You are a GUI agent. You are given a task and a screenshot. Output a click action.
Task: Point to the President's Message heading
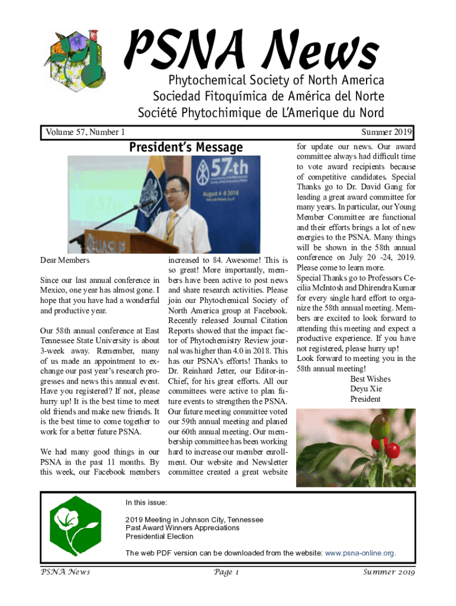tap(185, 147)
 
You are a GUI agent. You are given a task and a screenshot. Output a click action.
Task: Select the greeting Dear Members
tap(65, 260)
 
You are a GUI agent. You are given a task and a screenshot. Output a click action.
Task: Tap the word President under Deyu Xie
tap(365, 399)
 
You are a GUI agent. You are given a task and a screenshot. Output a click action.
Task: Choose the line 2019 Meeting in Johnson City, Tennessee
tap(194, 519)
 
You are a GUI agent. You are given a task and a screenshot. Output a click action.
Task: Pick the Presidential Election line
tap(159, 536)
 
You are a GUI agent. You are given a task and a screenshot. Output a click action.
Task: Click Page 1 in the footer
tap(227, 572)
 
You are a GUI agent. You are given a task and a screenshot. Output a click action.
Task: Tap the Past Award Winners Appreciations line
tap(182, 527)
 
